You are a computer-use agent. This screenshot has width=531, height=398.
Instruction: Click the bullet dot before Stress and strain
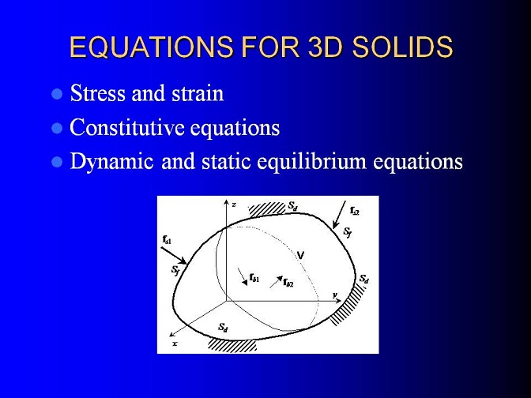[57, 94]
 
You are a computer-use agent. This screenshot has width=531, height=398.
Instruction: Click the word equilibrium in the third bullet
[311, 162]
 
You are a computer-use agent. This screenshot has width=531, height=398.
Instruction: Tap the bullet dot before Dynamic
[57, 162]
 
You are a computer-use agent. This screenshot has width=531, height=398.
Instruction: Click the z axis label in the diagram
[234, 205]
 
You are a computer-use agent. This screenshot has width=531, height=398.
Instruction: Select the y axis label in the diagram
[335, 295]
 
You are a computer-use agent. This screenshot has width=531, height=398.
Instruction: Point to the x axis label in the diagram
[175, 344]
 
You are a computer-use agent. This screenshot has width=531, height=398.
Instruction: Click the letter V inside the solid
[300, 255]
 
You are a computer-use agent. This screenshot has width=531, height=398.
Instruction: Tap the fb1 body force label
[254, 278]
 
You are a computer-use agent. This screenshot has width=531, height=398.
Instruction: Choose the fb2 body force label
[288, 282]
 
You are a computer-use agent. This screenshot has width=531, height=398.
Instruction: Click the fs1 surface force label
[167, 240]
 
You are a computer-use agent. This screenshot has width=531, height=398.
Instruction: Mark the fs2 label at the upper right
[354, 211]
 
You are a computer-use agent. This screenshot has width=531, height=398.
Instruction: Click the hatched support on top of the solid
[267, 208]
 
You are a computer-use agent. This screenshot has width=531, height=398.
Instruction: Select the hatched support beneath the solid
[232, 346]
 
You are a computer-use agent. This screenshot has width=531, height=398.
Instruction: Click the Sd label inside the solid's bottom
[223, 327]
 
